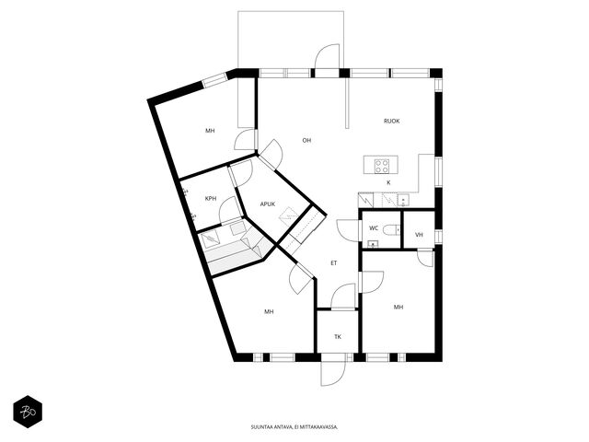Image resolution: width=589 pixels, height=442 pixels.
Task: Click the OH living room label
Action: click(x=306, y=141)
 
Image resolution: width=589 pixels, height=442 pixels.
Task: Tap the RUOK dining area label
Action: click(x=391, y=121)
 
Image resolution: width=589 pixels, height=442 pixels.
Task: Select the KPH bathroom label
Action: click(x=211, y=199)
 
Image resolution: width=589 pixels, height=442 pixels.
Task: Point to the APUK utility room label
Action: click(x=268, y=204)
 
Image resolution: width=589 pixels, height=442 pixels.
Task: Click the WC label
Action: click(x=374, y=228)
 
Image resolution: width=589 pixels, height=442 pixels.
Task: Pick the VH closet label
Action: click(x=419, y=235)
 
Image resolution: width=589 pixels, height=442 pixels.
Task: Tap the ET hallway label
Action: click(x=333, y=263)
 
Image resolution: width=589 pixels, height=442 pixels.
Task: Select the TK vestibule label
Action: click(x=338, y=337)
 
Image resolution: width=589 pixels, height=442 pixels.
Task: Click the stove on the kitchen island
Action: click(x=382, y=166)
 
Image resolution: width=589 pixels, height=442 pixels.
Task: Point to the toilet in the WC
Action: click(x=392, y=229)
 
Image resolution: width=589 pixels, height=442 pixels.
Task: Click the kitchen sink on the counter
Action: click(x=403, y=200)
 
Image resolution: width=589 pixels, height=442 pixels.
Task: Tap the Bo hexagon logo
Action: click(x=28, y=412)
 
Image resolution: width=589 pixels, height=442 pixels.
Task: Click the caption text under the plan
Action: click(x=294, y=427)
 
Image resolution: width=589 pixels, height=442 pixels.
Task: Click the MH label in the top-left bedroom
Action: click(x=210, y=131)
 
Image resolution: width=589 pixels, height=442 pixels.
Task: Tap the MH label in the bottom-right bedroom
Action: click(x=398, y=307)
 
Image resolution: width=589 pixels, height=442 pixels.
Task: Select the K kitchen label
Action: click(x=388, y=182)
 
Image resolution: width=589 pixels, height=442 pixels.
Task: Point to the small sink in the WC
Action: click(x=373, y=244)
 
